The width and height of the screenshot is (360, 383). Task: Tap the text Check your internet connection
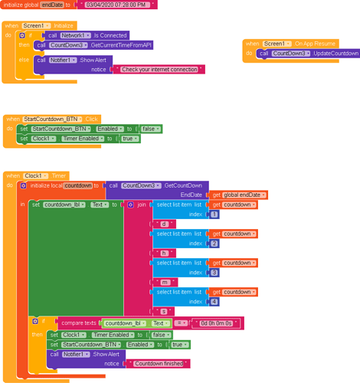coord(161,69)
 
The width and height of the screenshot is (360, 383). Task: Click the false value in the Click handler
coord(151,129)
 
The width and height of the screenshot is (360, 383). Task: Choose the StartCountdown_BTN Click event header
coord(54,119)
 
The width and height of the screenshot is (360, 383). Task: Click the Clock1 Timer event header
coord(38,175)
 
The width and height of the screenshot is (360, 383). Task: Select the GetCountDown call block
coord(157,185)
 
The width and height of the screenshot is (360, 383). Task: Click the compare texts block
coord(80,323)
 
